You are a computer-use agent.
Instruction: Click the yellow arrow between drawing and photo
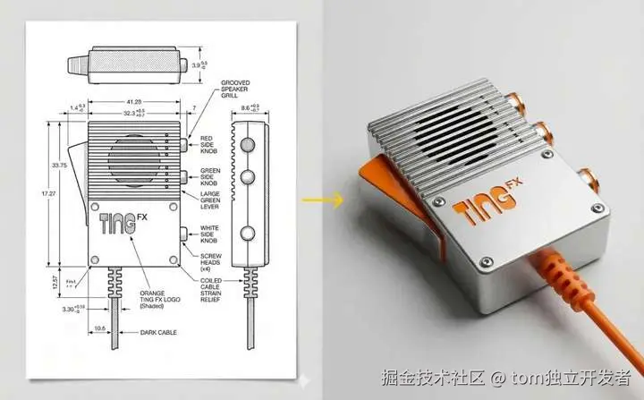332,199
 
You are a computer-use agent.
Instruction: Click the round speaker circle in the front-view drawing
132,161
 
